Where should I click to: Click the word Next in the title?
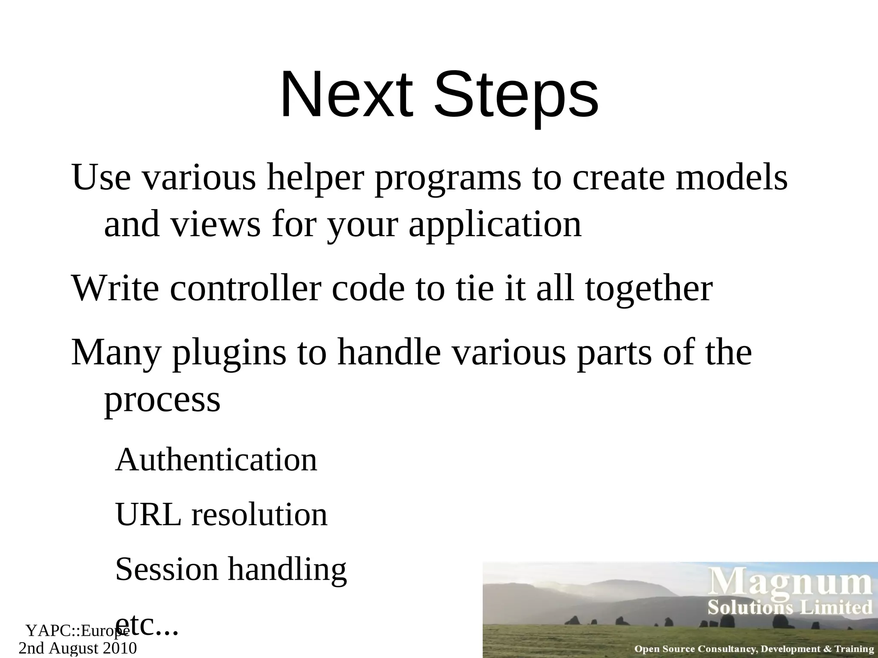click(346, 95)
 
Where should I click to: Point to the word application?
click(495, 225)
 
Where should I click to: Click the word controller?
click(245, 289)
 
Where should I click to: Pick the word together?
click(649, 289)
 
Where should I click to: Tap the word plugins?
click(229, 353)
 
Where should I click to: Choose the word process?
click(162, 400)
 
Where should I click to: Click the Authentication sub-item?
click(216, 460)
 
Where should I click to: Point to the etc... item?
click(147, 625)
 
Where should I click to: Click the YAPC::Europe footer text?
click(77, 631)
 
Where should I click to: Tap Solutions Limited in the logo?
click(790, 607)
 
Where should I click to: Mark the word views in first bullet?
click(216, 225)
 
